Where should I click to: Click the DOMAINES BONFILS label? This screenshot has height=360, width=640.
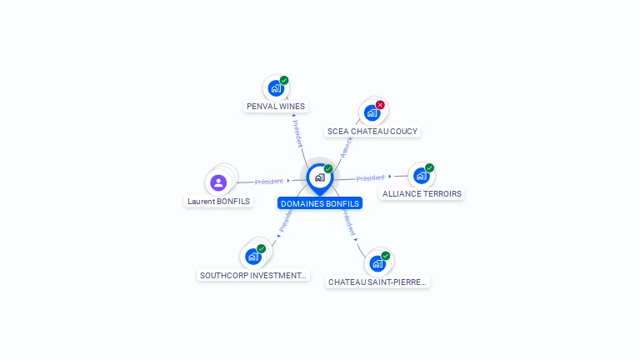(320, 203)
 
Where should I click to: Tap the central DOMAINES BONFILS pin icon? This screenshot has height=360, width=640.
(319, 177)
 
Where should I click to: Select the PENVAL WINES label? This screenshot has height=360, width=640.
(276, 107)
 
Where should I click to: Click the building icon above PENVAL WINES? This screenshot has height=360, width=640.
(276, 87)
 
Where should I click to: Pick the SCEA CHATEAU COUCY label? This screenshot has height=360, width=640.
(372, 131)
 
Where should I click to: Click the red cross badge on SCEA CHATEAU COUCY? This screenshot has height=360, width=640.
(380, 105)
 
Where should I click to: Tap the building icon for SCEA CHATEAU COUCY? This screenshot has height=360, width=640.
(372, 112)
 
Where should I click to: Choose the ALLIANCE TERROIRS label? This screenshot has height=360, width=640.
(422, 194)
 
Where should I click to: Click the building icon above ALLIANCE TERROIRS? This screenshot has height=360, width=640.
(421, 175)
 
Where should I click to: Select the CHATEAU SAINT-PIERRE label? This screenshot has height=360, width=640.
(377, 282)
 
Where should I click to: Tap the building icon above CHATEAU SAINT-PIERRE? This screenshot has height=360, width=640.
(377, 263)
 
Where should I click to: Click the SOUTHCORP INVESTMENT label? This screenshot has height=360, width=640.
(253, 275)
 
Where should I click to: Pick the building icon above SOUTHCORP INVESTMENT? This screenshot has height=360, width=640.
(253, 256)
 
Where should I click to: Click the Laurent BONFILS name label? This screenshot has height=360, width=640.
(219, 201)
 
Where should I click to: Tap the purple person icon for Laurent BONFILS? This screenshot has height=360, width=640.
(218, 182)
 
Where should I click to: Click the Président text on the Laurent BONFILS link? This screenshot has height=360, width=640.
(269, 181)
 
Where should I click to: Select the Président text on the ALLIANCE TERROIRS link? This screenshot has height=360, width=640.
(370, 177)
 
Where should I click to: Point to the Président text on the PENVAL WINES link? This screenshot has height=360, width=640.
(297, 133)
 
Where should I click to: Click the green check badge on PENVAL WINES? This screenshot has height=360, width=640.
(284, 80)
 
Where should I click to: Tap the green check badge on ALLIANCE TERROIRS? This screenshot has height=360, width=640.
(429, 167)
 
